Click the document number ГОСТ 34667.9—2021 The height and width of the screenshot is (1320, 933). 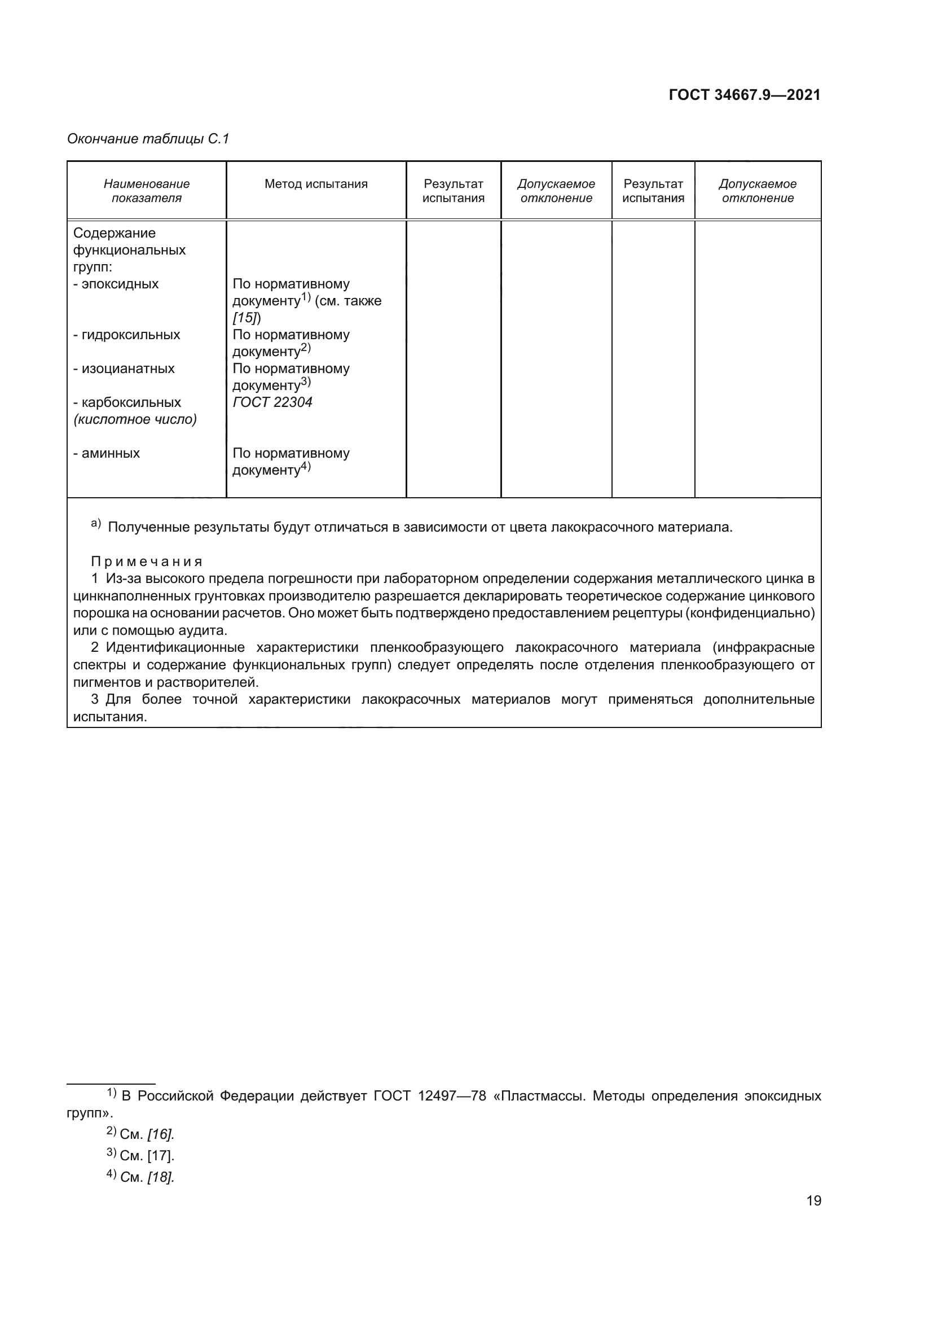pyautogui.click(x=745, y=95)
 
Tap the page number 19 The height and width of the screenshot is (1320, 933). pyautogui.click(x=813, y=1200)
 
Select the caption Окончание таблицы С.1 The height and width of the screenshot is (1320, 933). pyautogui.click(x=148, y=139)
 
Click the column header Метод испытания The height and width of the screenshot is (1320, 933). pyautogui.click(x=316, y=184)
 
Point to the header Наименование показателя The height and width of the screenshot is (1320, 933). pyautogui.click(x=147, y=191)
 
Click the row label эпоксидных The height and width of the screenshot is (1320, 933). pyautogui.click(x=120, y=284)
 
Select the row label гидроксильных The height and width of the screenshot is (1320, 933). pyautogui.click(x=130, y=335)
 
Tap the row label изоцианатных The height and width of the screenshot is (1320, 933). pyautogui.click(x=127, y=369)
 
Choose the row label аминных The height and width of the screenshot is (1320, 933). pyautogui.click(x=111, y=453)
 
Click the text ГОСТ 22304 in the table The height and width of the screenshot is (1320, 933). pyautogui.click(x=272, y=402)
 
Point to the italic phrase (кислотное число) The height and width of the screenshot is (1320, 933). pyautogui.click(x=135, y=419)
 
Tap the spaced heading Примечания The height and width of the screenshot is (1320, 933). pyautogui.click(x=147, y=561)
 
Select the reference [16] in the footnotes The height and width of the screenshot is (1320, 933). pyautogui.click(x=160, y=1134)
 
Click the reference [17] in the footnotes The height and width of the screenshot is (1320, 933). pyautogui.click(x=160, y=1156)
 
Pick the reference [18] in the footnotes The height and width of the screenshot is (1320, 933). pyautogui.click(x=160, y=1177)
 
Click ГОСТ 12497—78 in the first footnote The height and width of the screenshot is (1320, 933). pyautogui.click(x=430, y=1096)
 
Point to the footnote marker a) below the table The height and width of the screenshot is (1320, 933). pyautogui.click(x=95, y=523)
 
